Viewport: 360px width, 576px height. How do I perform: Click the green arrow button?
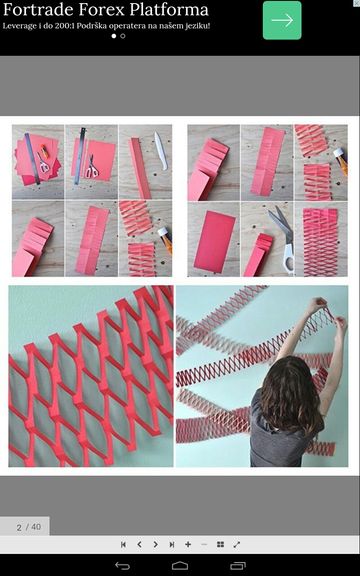tap(282, 20)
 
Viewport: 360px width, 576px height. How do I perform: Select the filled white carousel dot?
tap(114, 36)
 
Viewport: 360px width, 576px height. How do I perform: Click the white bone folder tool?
tap(161, 151)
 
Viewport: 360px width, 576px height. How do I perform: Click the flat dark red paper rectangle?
tap(215, 242)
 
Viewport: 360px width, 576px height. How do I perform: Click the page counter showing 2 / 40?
tap(29, 527)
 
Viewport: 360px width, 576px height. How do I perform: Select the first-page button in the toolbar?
tap(123, 544)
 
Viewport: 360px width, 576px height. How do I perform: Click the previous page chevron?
tap(140, 544)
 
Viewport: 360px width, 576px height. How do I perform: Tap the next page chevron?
tap(156, 544)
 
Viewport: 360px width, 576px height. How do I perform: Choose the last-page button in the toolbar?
tap(172, 544)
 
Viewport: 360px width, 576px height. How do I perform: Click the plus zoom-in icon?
tap(188, 544)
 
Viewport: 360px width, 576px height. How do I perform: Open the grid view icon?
tap(220, 544)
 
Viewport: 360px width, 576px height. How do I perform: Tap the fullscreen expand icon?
tap(237, 544)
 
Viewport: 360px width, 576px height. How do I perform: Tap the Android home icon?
tap(180, 566)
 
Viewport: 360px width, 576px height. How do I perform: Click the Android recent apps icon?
tap(238, 566)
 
